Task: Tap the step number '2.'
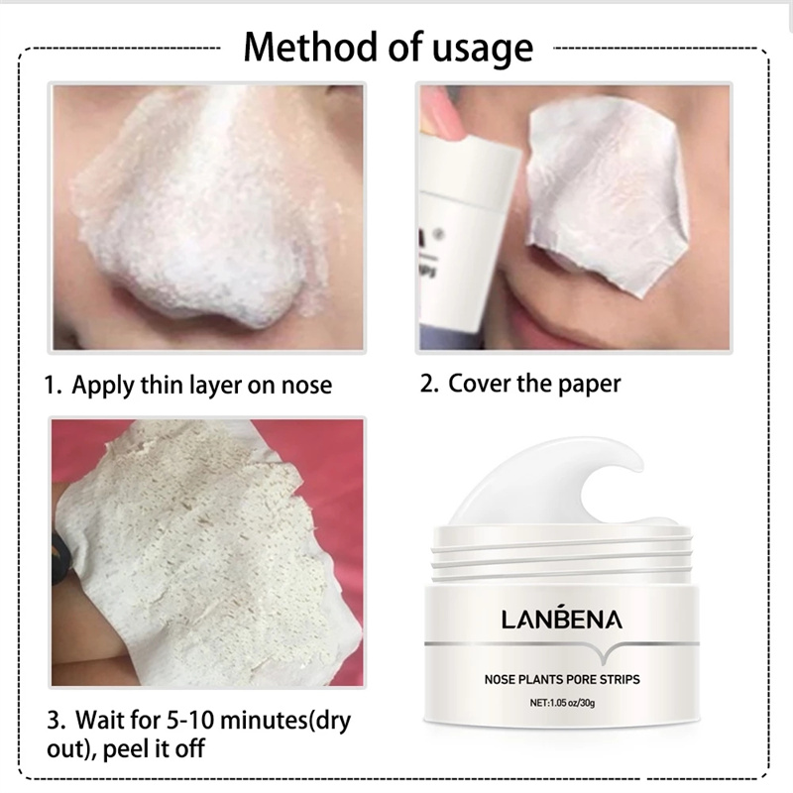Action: coord(429,384)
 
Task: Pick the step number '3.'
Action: coord(56,716)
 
